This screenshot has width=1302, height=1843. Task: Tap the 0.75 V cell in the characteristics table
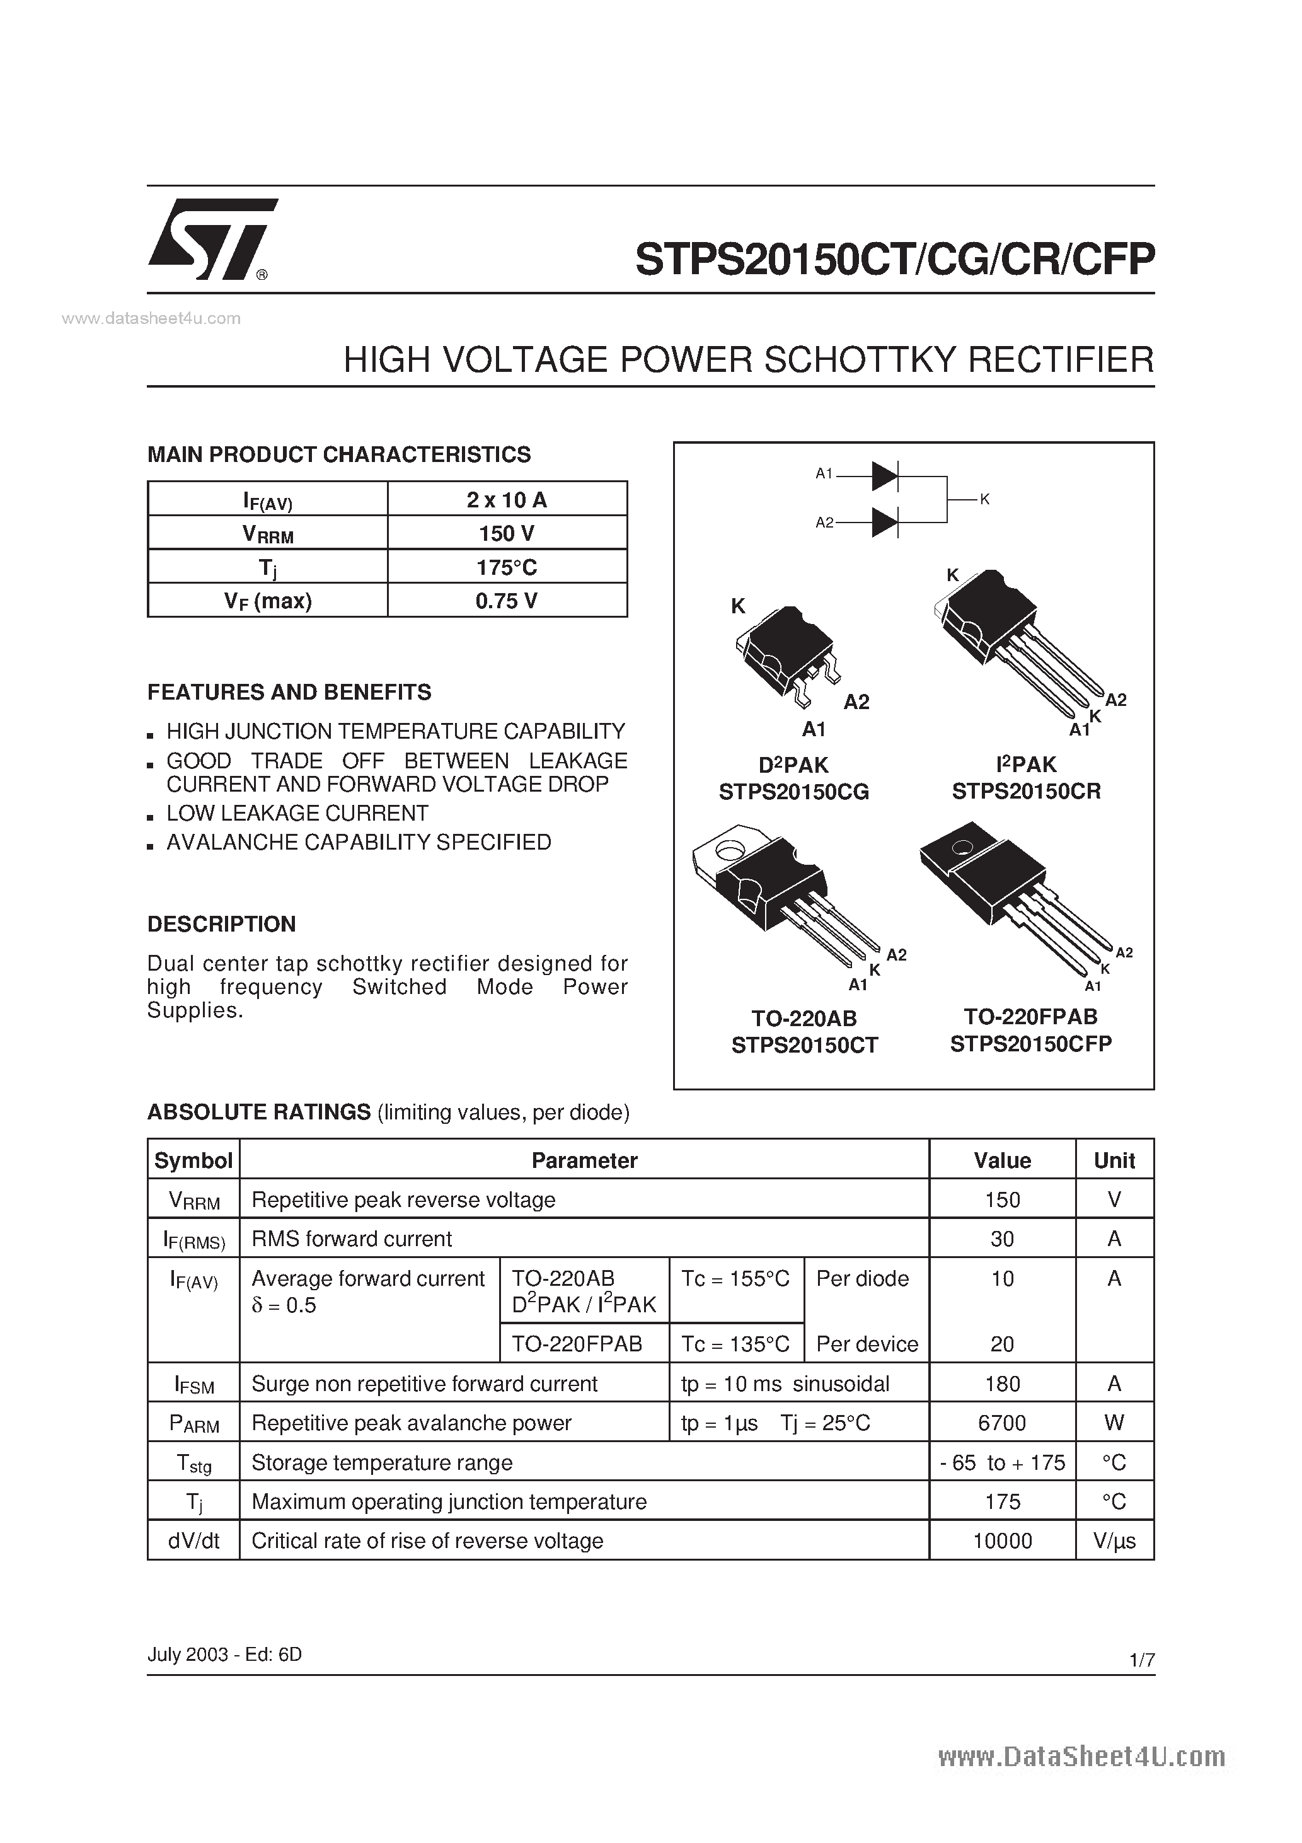click(x=507, y=601)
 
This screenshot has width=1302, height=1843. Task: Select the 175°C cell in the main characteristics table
click(x=507, y=567)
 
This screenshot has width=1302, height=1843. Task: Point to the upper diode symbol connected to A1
click(x=884, y=476)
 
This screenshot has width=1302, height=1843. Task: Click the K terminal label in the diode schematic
click(x=985, y=499)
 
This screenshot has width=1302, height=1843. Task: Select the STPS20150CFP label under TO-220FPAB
click(x=1030, y=1044)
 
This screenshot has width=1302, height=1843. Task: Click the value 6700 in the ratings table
click(x=1002, y=1423)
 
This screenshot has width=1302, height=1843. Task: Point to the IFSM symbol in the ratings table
click(x=194, y=1384)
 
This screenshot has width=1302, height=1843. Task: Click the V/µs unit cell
click(x=1114, y=1540)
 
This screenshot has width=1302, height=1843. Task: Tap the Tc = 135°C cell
click(x=735, y=1344)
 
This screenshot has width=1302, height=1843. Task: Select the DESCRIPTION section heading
click(x=222, y=924)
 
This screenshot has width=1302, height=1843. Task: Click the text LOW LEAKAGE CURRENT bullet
click(x=297, y=813)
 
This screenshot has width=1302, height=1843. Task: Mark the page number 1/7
click(x=1141, y=1660)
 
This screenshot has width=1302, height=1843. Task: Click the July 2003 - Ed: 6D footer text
click(x=225, y=1655)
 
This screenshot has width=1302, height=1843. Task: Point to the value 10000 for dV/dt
click(x=1002, y=1540)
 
